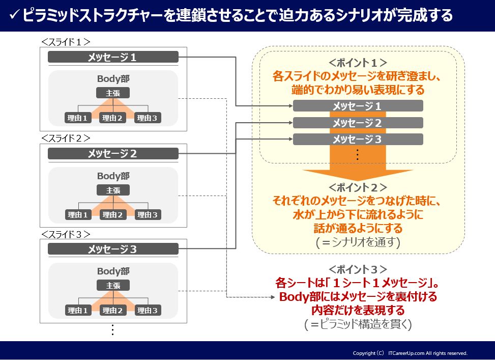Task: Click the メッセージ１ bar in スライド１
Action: tap(113, 57)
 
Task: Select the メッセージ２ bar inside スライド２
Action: tap(113, 153)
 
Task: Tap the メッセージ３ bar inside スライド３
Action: tap(113, 249)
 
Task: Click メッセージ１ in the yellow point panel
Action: tap(358, 106)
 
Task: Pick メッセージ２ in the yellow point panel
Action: tap(358, 123)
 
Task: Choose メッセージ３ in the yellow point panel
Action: tap(358, 139)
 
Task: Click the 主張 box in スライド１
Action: tap(113, 93)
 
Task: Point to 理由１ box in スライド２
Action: tap(78, 214)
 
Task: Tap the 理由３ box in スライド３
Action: tap(148, 310)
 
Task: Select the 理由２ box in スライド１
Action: tap(113, 118)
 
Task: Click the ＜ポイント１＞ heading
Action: tap(358, 63)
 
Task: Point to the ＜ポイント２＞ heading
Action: tap(358, 187)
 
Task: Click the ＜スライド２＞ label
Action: tap(66, 138)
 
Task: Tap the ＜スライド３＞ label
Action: tap(66, 234)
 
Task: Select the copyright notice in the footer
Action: tap(410, 353)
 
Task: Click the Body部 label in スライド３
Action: tap(113, 271)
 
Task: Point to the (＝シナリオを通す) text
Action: tap(358, 242)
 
